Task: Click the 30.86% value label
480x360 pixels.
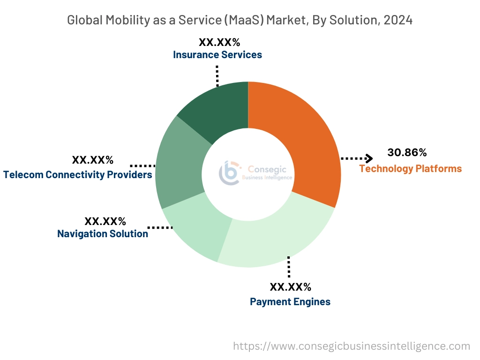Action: (407, 152)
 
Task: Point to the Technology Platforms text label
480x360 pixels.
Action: (410, 169)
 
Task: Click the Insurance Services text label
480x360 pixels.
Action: (217, 55)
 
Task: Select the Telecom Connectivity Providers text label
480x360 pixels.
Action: (78, 175)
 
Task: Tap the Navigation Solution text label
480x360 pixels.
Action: (103, 233)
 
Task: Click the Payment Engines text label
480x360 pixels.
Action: (290, 302)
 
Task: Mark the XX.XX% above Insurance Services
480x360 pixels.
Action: (219, 42)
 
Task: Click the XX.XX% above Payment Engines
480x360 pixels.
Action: (290, 287)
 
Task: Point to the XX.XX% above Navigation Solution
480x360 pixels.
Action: (105, 221)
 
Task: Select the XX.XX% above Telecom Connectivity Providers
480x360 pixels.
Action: (93, 160)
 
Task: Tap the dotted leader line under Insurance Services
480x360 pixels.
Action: (217, 75)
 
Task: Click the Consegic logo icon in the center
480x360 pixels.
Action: (230, 172)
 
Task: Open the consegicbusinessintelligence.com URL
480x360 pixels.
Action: (352, 346)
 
